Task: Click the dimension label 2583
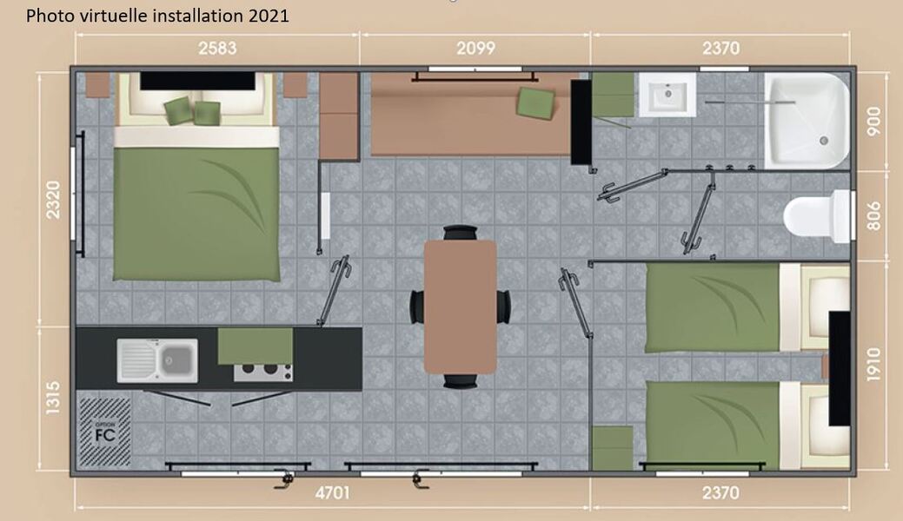coord(217,49)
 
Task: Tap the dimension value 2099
coord(475,49)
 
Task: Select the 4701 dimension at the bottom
coord(332,493)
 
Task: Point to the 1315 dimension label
coord(52,397)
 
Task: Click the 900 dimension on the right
coord(873,122)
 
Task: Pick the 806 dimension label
coord(873,216)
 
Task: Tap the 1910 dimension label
coord(873,364)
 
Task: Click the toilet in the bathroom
coord(817,216)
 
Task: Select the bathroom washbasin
coord(667,95)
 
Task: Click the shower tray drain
coord(824,141)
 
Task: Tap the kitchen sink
coord(157,360)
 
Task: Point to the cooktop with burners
coord(262,372)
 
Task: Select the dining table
coord(460,307)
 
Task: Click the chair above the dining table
coord(460,233)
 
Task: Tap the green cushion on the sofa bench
coord(535,103)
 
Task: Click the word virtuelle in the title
coord(120,16)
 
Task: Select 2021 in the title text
coord(269,16)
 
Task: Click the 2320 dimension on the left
coord(52,200)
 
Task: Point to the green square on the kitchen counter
coord(256,346)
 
